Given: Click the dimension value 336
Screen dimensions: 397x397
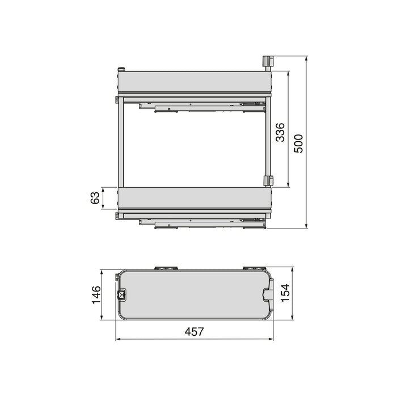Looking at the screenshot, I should point(280,132).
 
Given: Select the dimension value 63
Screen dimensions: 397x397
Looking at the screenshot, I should point(95,198).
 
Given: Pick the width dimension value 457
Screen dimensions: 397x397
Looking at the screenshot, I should point(193,332).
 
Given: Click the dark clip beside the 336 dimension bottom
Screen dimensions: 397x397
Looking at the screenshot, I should point(268,180).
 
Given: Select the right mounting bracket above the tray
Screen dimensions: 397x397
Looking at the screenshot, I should point(252,267).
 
